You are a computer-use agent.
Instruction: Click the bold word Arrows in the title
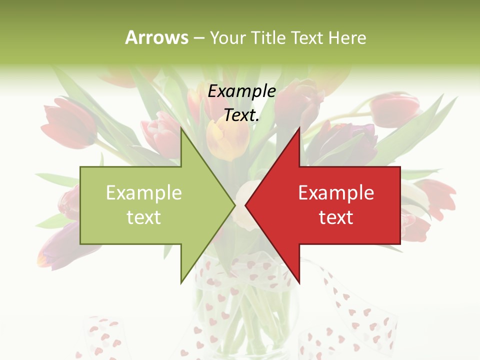[x=157, y=37]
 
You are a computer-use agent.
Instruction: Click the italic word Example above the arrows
[x=241, y=91]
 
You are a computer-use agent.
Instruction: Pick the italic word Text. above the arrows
[x=241, y=115]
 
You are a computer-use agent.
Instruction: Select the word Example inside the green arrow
[x=144, y=193]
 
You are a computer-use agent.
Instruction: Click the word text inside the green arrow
[x=144, y=217]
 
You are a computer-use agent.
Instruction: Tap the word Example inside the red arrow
[x=336, y=193]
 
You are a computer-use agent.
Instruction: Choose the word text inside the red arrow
[x=336, y=217]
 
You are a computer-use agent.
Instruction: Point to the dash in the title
[x=198, y=38]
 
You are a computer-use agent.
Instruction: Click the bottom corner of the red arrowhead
[x=299, y=283]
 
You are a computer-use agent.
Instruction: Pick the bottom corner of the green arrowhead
[x=181, y=283]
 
